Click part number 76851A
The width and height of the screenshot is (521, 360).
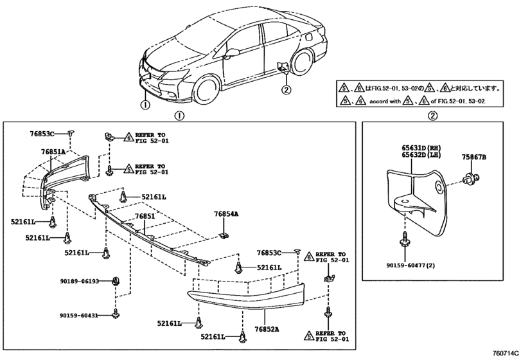pos(53,152)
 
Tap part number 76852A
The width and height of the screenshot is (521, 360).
pos(267,329)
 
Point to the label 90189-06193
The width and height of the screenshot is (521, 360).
pos(80,281)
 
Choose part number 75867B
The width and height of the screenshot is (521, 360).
pos(473,157)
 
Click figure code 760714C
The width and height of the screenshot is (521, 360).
pos(506,354)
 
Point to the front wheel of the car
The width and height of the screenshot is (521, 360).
pos(208,91)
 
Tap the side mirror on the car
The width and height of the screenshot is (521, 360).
pos(232,53)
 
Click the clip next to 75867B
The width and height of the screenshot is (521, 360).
pos(471,179)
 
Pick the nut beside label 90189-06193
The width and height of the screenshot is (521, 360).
pos(116,281)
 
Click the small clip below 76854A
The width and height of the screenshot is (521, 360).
pos(224,236)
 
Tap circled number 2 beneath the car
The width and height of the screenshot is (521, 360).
pos(287,89)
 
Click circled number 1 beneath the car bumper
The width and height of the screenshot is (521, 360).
pos(145,105)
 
